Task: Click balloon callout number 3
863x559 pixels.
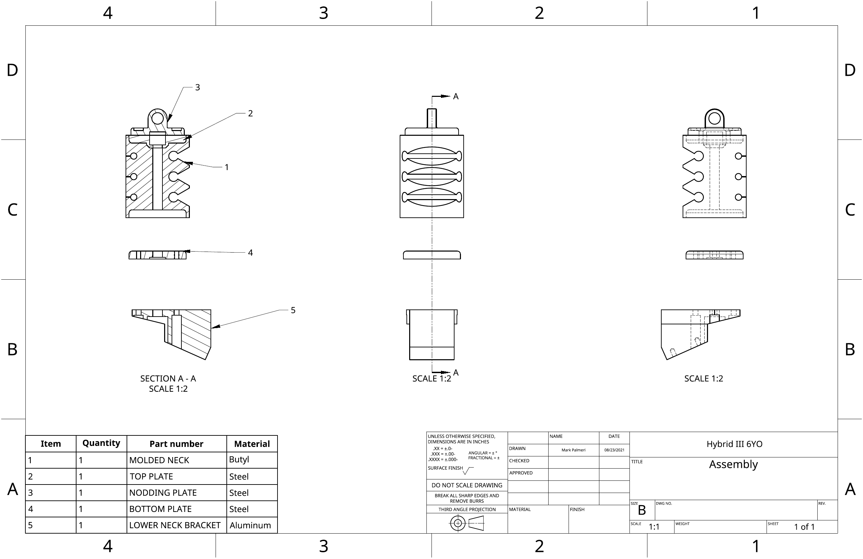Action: click(197, 87)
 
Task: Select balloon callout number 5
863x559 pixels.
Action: click(293, 310)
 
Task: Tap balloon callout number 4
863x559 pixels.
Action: click(250, 253)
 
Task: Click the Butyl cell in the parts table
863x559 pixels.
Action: click(239, 459)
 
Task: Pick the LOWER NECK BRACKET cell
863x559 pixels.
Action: click(175, 525)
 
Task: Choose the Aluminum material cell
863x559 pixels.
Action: click(250, 525)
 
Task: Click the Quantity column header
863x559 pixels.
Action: click(101, 443)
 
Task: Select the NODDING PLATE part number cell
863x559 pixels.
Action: click(163, 493)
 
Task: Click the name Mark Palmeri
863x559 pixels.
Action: click(573, 450)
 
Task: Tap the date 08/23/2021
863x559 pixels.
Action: click(614, 450)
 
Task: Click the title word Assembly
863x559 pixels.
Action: click(733, 464)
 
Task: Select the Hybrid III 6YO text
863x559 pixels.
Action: click(734, 444)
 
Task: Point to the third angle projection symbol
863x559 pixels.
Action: click(467, 523)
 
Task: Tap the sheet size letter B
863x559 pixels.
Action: click(642, 510)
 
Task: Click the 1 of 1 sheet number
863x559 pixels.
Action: click(804, 527)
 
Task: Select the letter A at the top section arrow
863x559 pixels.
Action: click(456, 96)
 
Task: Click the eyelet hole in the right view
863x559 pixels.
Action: click(714, 119)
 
